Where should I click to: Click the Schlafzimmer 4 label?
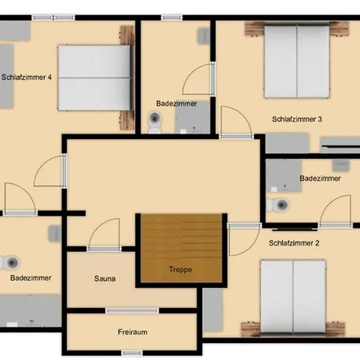click(26, 78)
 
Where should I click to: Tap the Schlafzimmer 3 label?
click(297, 119)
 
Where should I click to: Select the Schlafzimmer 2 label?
click(294, 243)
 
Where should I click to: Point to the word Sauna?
click(105, 278)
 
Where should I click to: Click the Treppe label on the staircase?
click(180, 270)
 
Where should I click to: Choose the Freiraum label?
click(133, 332)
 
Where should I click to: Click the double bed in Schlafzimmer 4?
click(94, 78)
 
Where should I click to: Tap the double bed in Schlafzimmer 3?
click(297, 62)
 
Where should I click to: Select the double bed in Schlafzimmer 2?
click(293, 296)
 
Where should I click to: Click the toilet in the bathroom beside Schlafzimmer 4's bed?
click(154, 122)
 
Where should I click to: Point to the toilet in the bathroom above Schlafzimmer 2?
click(278, 205)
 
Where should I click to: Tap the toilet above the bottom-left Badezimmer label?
click(10, 262)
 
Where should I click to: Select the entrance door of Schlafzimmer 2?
click(244, 239)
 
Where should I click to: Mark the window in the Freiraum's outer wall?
click(132, 353)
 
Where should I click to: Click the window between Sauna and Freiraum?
click(132, 310)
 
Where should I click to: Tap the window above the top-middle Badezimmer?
click(171, 18)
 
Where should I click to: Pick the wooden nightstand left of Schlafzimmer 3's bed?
click(254, 28)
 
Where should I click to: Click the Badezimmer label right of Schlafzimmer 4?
click(177, 103)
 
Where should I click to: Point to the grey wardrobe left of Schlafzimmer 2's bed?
click(213, 310)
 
